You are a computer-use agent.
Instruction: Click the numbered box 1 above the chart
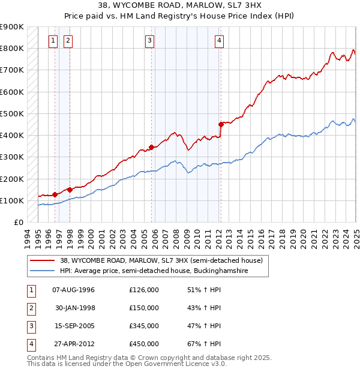53,41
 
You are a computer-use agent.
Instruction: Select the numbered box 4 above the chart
220,41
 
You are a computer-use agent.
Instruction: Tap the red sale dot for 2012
221,124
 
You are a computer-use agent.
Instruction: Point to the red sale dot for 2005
151,147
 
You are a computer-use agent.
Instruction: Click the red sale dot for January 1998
70,190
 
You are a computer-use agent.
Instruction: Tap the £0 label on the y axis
18,223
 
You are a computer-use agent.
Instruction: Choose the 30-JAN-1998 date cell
74,308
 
